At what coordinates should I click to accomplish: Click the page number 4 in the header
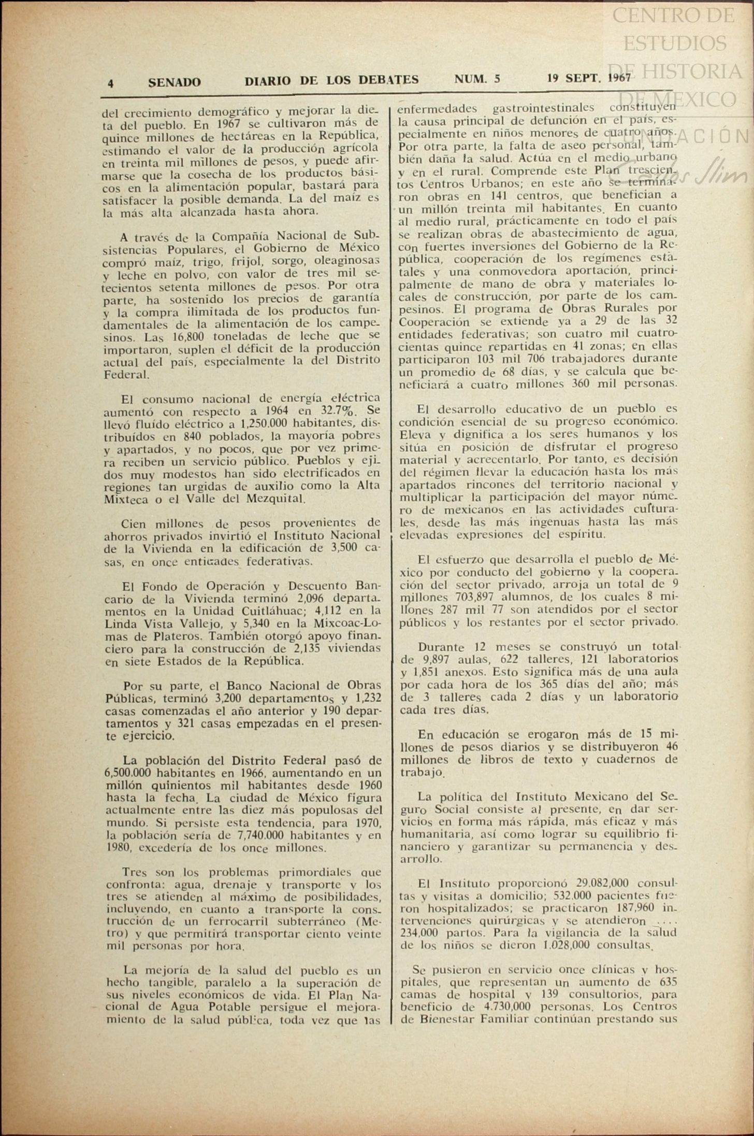pyautogui.click(x=111, y=83)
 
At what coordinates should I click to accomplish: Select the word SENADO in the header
pyautogui.click(x=175, y=82)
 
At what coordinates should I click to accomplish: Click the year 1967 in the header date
pyautogui.click(x=617, y=78)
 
